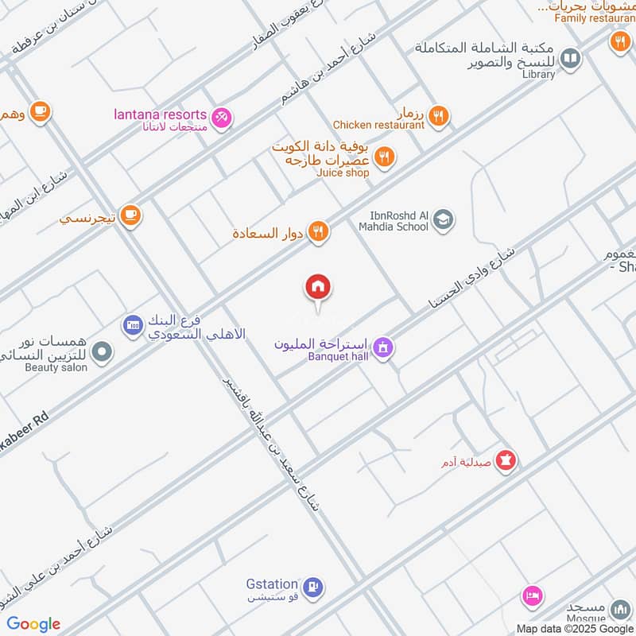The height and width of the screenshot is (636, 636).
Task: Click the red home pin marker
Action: [x=319, y=288]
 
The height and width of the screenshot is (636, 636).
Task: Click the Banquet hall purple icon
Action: [x=383, y=348]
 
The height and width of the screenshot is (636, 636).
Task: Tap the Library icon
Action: [x=569, y=58]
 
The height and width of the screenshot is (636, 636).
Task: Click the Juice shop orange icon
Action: [x=384, y=157]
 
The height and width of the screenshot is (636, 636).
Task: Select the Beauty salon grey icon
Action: [x=101, y=351]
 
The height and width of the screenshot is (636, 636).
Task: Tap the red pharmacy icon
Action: [x=506, y=460]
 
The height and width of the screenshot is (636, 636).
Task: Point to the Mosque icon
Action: [x=619, y=611]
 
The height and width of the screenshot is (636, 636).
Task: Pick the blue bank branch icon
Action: [x=132, y=324]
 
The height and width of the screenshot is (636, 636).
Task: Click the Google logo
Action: [x=33, y=624]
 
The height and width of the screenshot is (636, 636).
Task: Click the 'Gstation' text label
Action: [x=272, y=584]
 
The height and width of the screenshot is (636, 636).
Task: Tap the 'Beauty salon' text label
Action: [x=56, y=368]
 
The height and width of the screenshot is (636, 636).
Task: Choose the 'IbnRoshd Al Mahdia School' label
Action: [x=399, y=220]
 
